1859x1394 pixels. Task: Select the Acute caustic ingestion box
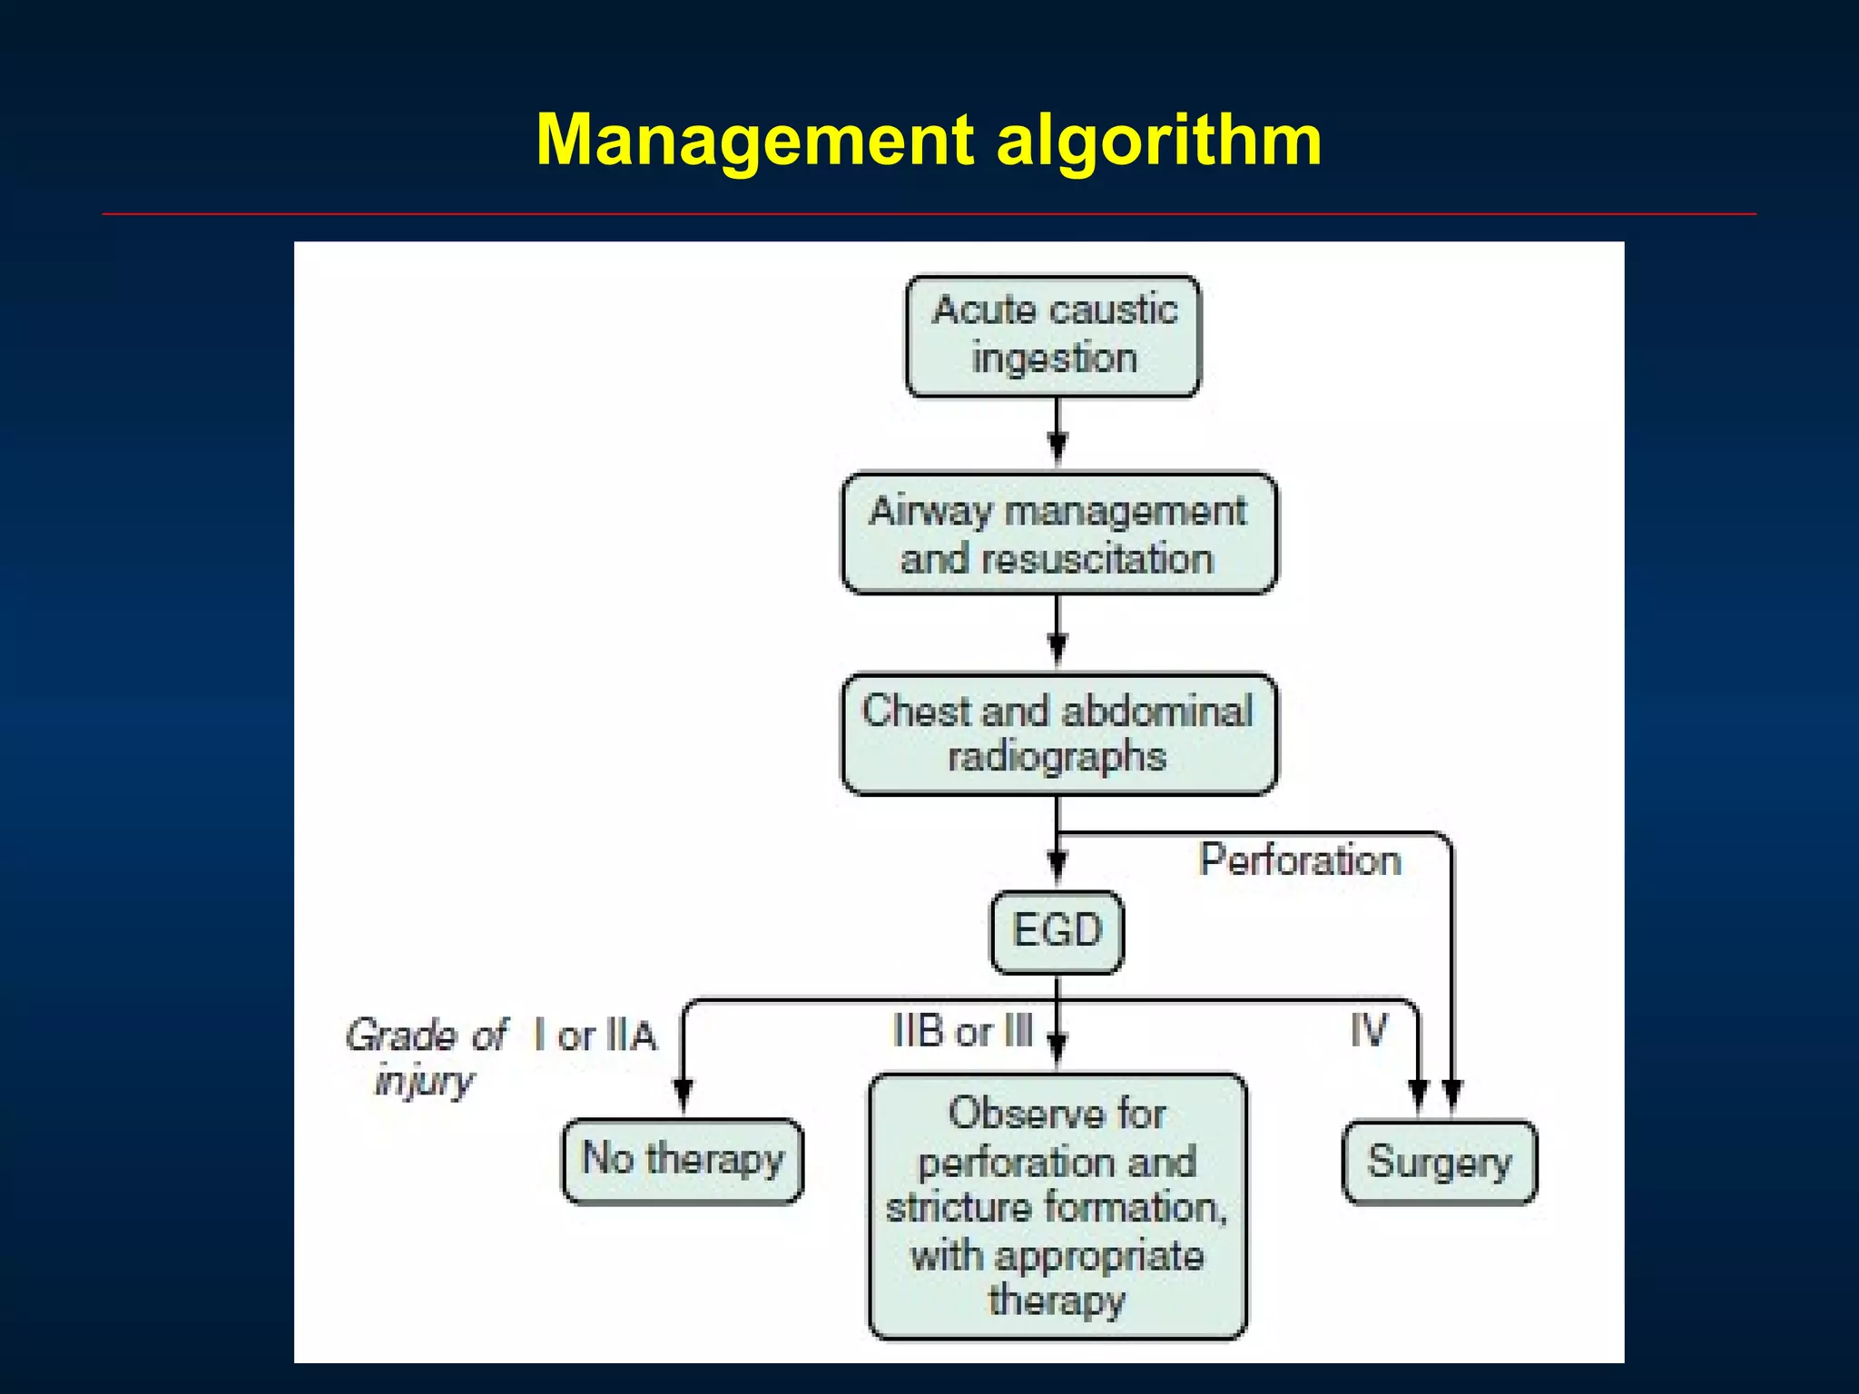coord(1053,336)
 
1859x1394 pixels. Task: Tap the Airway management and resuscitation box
coord(1058,535)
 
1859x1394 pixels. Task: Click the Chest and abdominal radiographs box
coord(1058,734)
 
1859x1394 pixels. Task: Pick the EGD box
coord(1057,931)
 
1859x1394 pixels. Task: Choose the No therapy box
coord(683,1161)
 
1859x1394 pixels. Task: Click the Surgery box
coord(1440,1163)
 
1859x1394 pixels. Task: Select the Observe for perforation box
coord(1057,1206)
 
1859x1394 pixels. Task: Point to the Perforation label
coord(1300,859)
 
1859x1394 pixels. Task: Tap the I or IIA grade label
coord(595,1036)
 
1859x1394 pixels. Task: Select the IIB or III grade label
coord(962,1032)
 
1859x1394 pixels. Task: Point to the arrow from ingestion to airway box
coord(1057,433)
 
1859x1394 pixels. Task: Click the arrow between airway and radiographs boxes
coord(1057,633)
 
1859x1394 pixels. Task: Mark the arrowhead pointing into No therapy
coord(684,1094)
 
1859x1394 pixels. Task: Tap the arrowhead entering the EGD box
coord(1057,865)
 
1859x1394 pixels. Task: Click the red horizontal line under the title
coord(929,214)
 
